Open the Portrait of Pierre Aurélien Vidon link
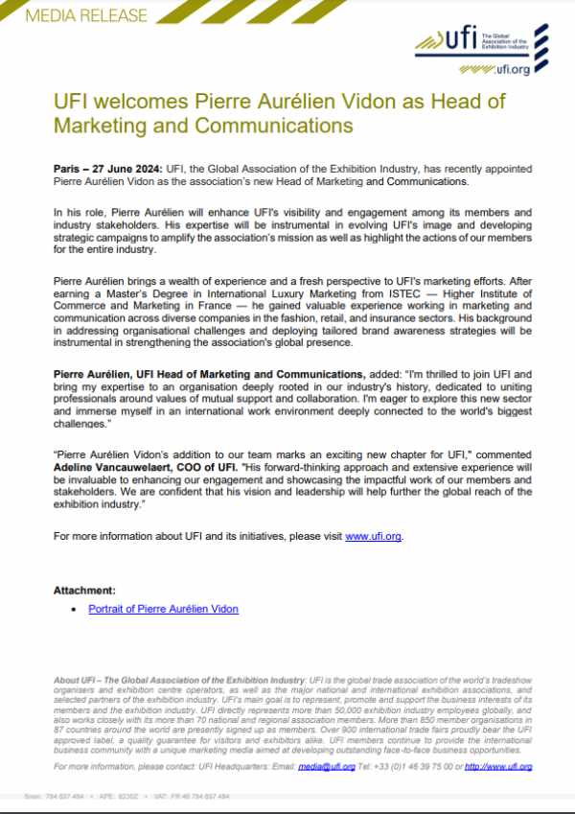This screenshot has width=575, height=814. click(164, 609)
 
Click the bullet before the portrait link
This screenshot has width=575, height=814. click(76, 610)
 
